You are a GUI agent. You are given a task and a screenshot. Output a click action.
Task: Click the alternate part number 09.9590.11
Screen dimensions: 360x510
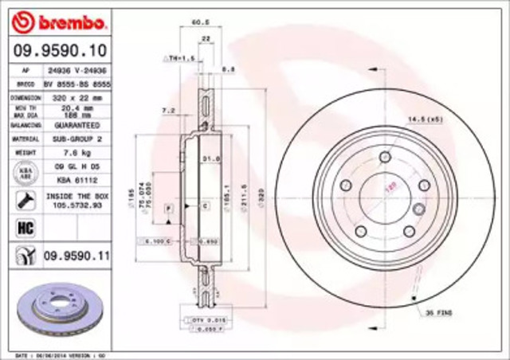click(x=75, y=256)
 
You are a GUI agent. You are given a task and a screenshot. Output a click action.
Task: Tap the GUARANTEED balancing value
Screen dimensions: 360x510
click(x=76, y=125)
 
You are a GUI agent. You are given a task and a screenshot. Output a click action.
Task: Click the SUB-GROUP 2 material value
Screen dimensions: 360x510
click(x=76, y=139)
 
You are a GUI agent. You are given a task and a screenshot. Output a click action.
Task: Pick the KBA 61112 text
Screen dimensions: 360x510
click(x=76, y=179)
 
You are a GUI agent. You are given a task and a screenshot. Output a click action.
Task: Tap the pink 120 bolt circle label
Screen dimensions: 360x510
click(x=390, y=188)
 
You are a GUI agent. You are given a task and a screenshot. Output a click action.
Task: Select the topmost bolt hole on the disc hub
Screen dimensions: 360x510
click(x=385, y=156)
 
